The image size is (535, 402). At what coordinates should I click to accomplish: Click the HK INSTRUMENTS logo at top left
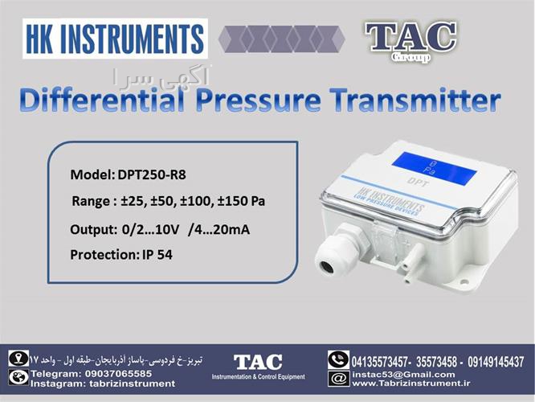(x=115, y=39)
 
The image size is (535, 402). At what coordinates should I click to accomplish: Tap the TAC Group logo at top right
(x=411, y=42)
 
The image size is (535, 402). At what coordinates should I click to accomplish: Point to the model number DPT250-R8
(x=152, y=175)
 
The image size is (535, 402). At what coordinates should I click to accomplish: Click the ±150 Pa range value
(x=241, y=201)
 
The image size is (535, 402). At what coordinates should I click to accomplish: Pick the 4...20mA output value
(x=218, y=229)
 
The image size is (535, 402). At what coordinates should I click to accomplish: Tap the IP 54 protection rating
(x=157, y=255)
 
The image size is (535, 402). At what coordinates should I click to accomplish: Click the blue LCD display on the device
(x=435, y=167)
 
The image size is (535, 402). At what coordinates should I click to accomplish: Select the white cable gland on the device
(x=337, y=248)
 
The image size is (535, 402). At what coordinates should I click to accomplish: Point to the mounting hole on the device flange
(x=464, y=281)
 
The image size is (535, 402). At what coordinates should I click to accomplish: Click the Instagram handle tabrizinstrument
(x=133, y=384)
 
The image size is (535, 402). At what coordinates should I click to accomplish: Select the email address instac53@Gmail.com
(x=403, y=375)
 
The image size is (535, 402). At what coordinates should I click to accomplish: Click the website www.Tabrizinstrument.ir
(x=410, y=384)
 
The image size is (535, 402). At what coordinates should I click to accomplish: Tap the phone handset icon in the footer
(x=338, y=359)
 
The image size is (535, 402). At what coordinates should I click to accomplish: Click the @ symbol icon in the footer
(x=338, y=379)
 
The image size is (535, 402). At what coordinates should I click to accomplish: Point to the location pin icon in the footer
(x=18, y=358)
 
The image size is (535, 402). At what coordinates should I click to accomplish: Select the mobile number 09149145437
(x=496, y=361)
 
